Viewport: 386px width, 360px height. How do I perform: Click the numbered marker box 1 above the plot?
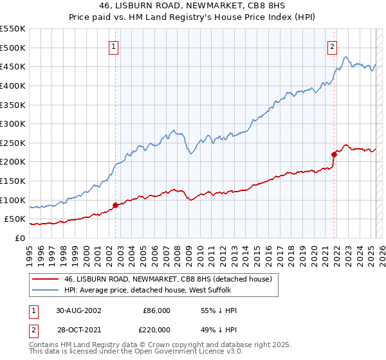(x=113, y=46)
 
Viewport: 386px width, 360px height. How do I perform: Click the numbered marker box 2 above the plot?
(x=332, y=46)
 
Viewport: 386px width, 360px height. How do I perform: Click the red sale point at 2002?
(x=116, y=205)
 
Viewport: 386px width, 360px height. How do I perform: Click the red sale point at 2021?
(x=335, y=154)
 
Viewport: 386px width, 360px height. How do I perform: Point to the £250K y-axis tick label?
(x=13, y=143)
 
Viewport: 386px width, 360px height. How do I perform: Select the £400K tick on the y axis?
(x=13, y=85)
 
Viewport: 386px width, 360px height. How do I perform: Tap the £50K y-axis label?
(x=16, y=219)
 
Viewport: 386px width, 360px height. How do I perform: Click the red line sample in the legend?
(x=45, y=279)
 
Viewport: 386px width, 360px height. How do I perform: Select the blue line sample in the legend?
(x=45, y=290)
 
